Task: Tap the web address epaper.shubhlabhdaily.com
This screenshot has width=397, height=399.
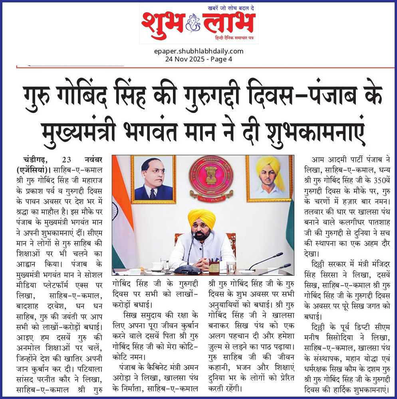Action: [x=198, y=51]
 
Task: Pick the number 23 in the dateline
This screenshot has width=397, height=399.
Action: [x=67, y=160]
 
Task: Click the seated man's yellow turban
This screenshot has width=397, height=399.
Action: [x=202, y=217]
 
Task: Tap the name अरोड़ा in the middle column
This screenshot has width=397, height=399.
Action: [x=125, y=378]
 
